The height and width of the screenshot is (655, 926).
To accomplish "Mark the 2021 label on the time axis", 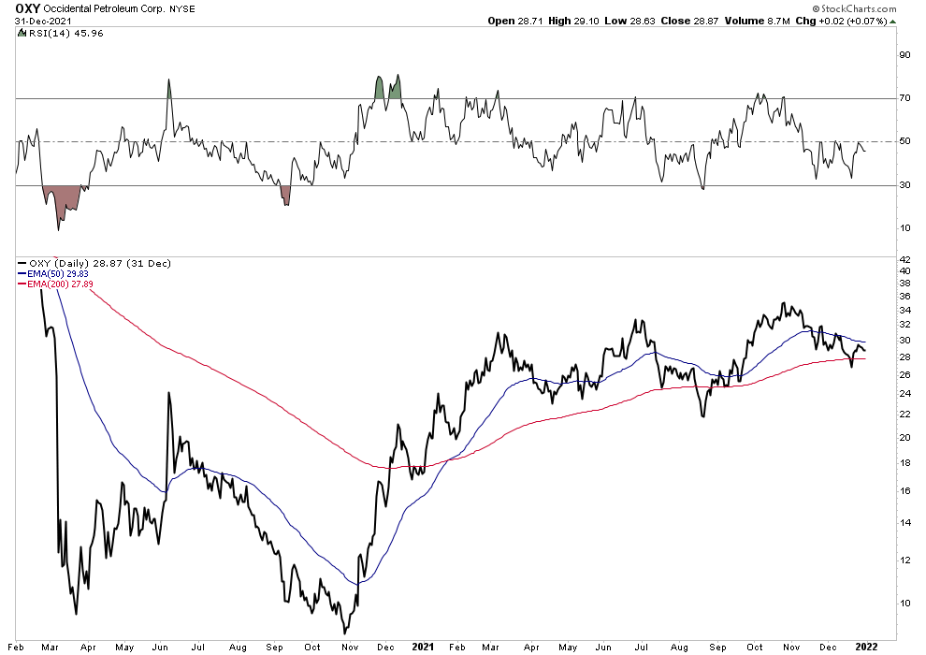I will click(x=423, y=647).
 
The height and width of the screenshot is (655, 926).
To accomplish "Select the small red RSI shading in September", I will click(x=286, y=194).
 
